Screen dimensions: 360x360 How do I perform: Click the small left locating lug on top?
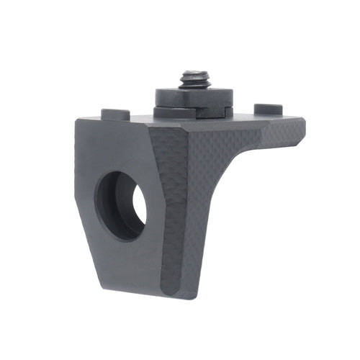[x=115, y=114]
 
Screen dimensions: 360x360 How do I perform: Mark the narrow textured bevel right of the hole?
[x=162, y=209]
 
